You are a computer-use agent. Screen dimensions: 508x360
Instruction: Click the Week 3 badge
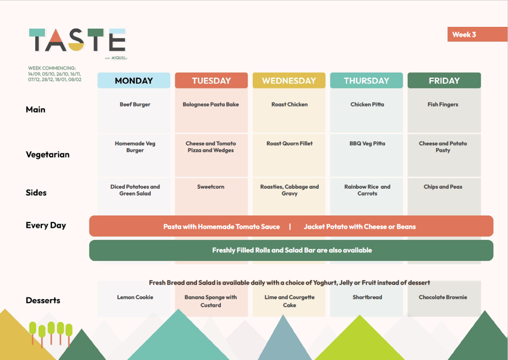(477, 34)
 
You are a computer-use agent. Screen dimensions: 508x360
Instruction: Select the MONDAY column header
(134, 80)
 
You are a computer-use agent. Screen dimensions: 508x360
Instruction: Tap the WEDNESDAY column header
(289, 80)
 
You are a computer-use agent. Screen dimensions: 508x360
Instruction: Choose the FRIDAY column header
(444, 80)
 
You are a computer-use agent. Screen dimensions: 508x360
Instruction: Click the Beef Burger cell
(135, 104)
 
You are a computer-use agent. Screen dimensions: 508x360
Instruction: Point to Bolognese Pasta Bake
(211, 104)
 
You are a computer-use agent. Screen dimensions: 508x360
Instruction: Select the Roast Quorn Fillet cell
(290, 144)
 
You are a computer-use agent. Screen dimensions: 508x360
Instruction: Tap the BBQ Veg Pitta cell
(367, 144)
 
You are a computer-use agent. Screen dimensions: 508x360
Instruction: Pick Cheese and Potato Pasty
(443, 147)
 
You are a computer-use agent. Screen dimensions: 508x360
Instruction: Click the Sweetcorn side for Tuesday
(211, 187)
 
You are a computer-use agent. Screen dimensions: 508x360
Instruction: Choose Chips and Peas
(443, 187)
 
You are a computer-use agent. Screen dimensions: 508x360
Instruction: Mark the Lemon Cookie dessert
(135, 297)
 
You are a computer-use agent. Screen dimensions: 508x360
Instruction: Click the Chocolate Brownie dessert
(443, 297)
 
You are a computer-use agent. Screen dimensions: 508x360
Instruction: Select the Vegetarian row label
(48, 154)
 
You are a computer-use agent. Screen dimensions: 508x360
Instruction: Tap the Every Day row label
(45, 225)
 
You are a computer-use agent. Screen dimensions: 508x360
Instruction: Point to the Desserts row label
(42, 300)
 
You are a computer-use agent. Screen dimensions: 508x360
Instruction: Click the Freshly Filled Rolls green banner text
(292, 250)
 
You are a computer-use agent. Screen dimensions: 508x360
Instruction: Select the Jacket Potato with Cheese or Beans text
(360, 227)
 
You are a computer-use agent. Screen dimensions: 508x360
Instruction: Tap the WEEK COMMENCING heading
(52, 68)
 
